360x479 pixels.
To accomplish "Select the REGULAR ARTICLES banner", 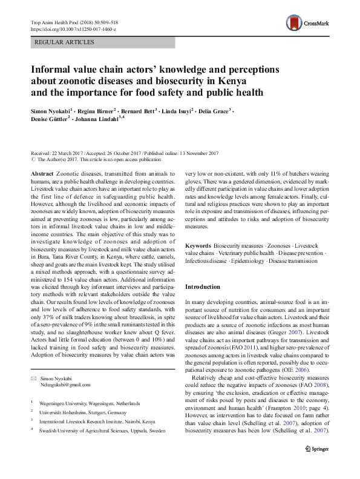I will pyautogui.click(x=65, y=42).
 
